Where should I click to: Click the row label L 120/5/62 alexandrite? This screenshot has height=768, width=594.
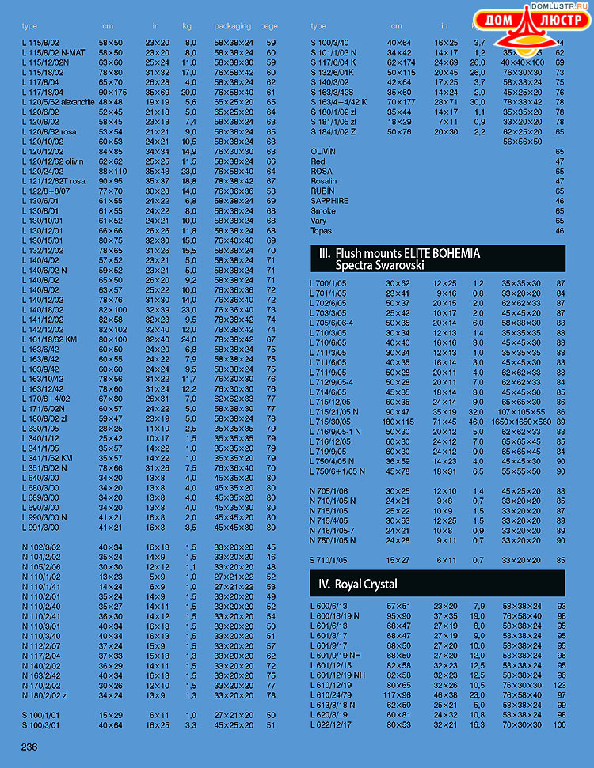(x=53, y=102)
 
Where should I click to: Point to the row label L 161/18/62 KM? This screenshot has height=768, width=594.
(x=49, y=339)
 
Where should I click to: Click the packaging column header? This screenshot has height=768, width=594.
(x=232, y=26)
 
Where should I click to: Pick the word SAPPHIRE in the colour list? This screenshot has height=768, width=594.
(x=329, y=201)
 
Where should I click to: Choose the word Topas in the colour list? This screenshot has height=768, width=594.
(x=322, y=231)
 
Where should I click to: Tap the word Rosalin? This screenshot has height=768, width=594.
(x=323, y=181)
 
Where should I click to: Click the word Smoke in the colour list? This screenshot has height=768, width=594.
(x=322, y=211)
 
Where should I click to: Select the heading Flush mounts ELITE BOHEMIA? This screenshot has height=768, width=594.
(x=407, y=253)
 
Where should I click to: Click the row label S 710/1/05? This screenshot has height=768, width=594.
(x=329, y=560)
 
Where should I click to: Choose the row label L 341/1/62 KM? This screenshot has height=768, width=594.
(x=47, y=458)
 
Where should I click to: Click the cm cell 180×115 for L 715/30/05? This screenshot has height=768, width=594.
(x=399, y=422)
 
